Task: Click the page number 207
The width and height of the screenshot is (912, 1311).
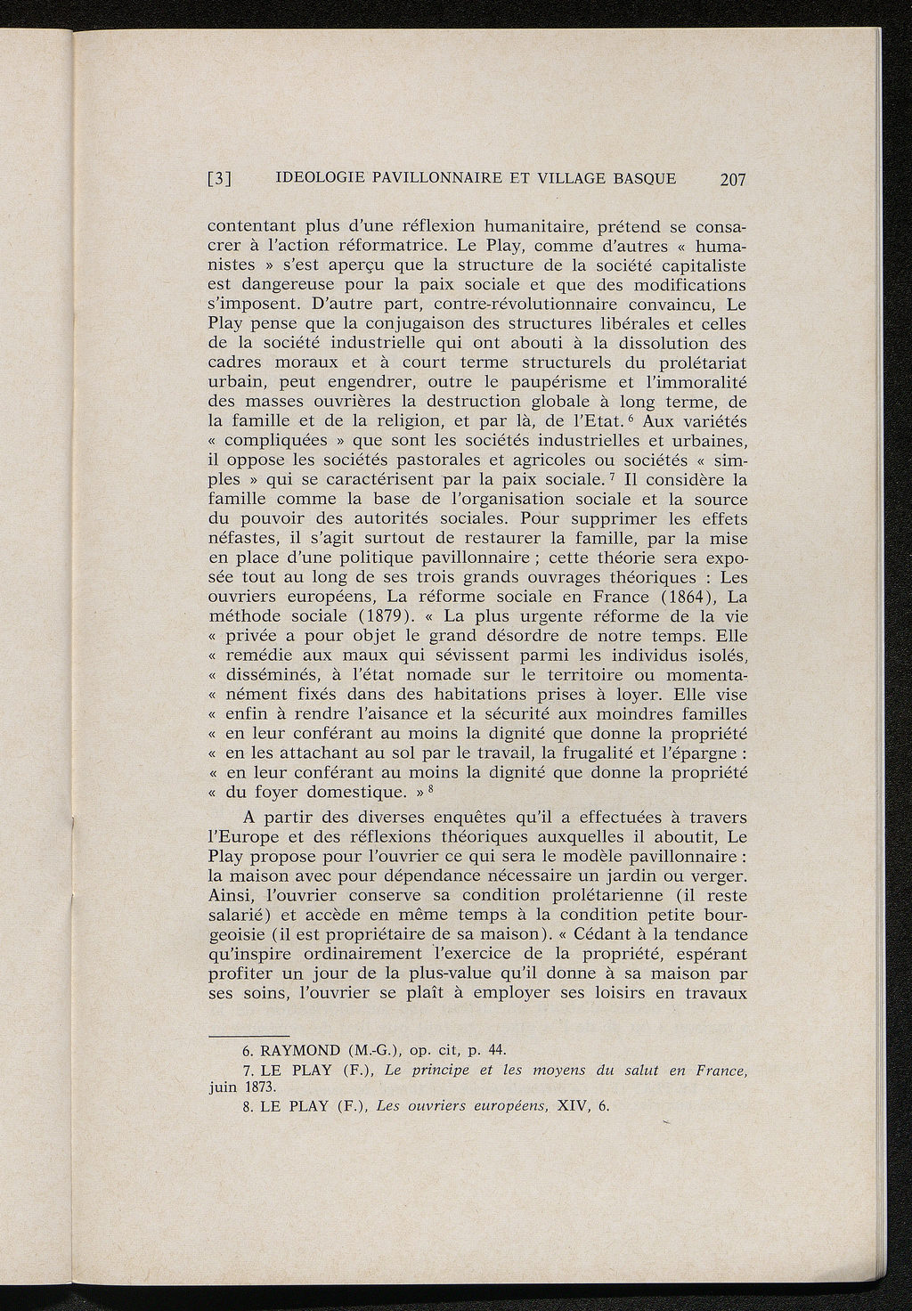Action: coord(732,179)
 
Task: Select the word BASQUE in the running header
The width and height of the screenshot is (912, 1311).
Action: coord(643,177)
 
